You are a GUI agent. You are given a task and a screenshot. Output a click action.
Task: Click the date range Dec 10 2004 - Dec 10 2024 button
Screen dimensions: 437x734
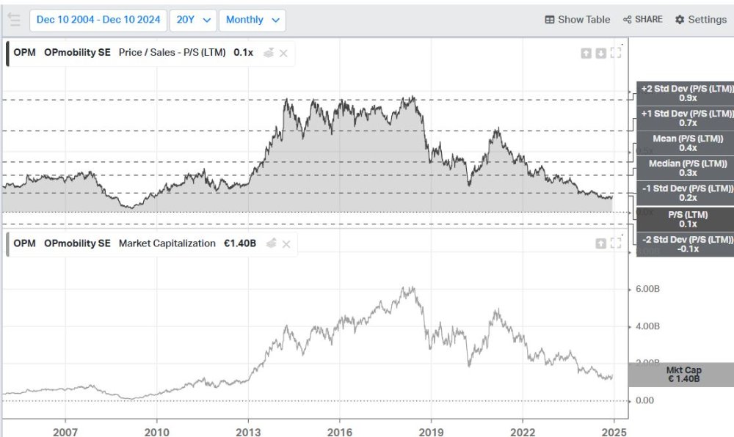[98, 20]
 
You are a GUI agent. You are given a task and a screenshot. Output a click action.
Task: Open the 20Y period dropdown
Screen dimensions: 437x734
[193, 20]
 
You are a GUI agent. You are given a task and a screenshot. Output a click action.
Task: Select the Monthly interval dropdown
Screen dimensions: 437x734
[252, 20]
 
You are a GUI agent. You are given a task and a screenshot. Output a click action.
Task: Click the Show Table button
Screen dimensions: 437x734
[578, 20]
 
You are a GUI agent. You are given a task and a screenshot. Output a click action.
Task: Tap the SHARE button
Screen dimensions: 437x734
[642, 20]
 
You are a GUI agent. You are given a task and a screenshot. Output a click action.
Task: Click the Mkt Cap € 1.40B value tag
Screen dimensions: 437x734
[683, 375]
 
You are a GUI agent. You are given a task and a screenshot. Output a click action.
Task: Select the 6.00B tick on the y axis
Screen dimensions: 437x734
[647, 290]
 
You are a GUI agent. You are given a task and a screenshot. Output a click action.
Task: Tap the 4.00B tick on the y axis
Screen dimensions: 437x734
[647, 326]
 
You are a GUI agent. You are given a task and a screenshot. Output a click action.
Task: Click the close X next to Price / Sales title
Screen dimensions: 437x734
[283, 53]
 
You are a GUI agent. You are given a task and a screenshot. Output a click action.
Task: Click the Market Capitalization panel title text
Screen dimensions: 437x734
[167, 243]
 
